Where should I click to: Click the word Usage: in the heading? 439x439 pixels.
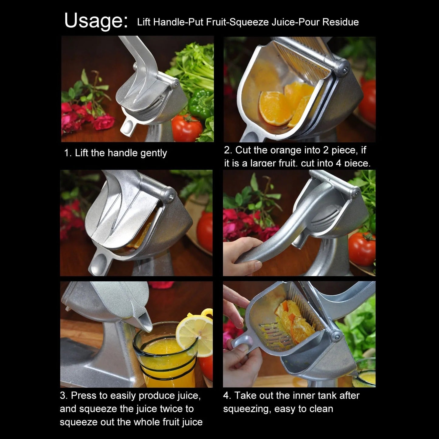(x=96, y=21)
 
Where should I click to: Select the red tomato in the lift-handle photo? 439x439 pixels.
(x=187, y=128)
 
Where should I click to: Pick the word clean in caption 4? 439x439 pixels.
(x=321, y=409)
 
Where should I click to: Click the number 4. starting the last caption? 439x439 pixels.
(x=227, y=396)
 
